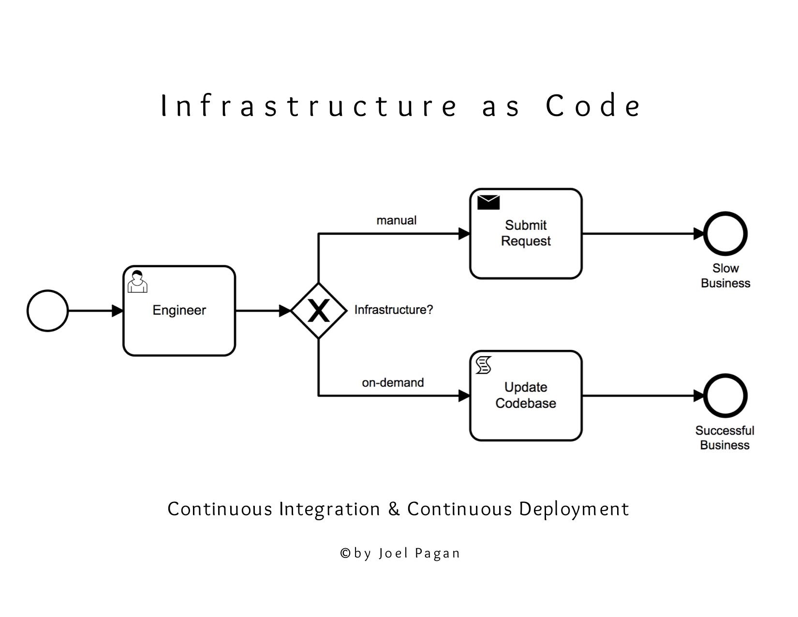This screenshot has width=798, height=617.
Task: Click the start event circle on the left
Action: (47, 311)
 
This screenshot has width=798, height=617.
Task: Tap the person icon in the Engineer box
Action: (137, 282)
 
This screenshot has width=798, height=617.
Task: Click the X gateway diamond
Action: (319, 311)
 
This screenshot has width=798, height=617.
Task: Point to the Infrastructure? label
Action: (393, 310)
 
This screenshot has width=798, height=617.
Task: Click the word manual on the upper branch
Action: (396, 221)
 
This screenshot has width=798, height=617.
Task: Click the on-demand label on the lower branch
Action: (392, 383)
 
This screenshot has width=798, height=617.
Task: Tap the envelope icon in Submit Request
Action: (488, 202)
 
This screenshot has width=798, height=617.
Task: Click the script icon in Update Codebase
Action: (484, 365)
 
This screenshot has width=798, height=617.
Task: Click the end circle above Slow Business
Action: (725, 234)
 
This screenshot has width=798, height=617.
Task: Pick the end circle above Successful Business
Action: (725, 396)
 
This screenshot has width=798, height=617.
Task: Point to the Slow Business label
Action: (725, 276)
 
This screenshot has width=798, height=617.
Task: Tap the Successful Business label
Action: (724, 438)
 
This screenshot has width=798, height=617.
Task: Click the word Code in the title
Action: (593, 105)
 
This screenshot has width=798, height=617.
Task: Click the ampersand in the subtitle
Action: (394, 509)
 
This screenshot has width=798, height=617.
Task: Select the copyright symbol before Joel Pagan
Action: (345, 553)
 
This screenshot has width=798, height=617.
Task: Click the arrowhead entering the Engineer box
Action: (118, 311)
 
